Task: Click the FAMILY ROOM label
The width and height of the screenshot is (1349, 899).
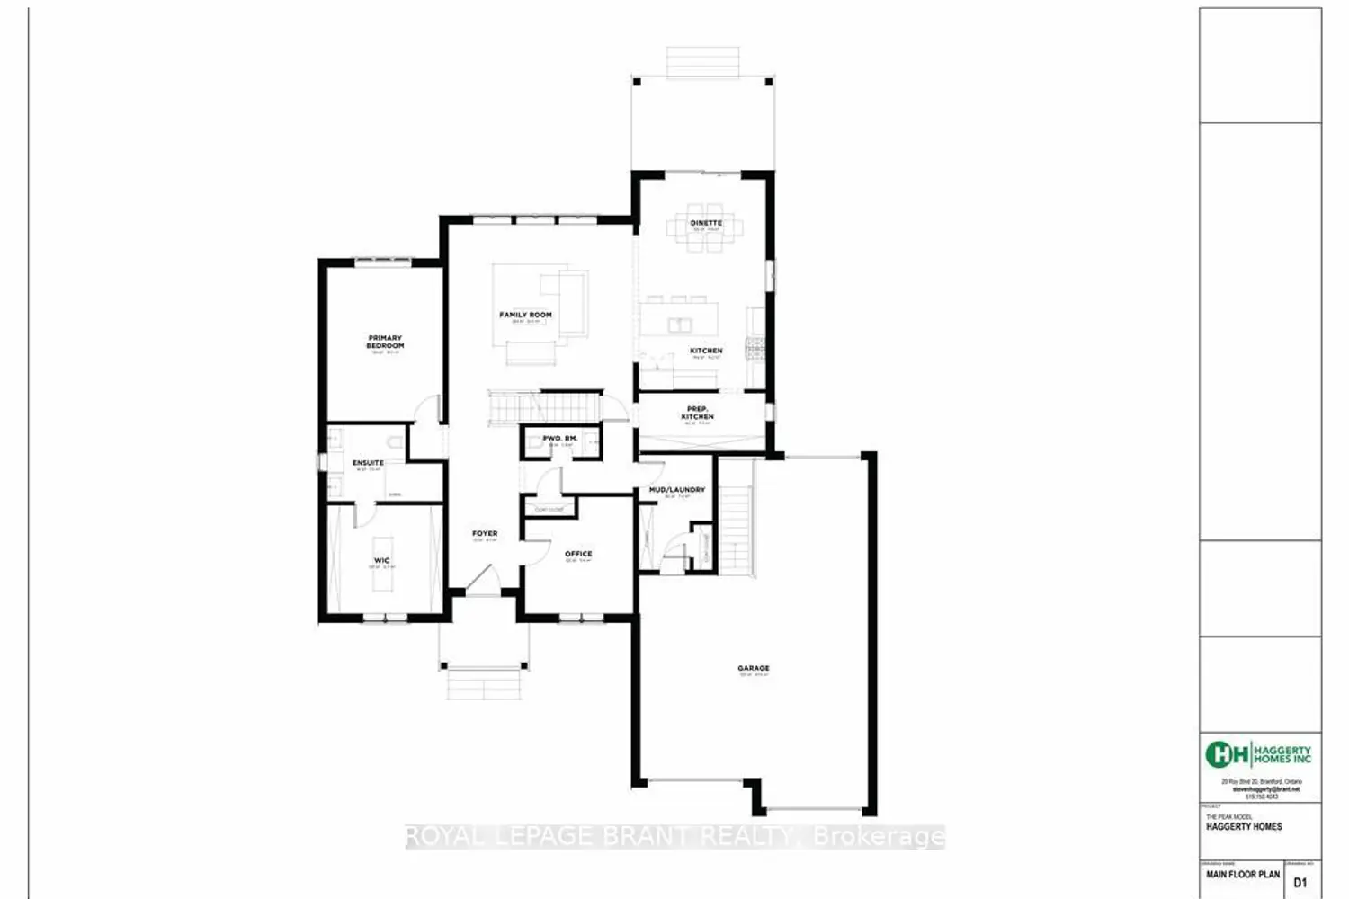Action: [x=525, y=315]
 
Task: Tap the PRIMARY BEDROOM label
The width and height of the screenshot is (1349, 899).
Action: [x=385, y=342]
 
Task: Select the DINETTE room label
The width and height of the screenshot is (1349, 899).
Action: [x=706, y=222]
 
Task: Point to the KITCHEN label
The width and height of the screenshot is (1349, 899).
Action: [x=706, y=351]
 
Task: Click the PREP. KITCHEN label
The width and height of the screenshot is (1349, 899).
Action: [x=698, y=413]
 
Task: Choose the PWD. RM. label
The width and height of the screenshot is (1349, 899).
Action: [x=560, y=438]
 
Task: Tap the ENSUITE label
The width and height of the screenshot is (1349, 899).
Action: [x=368, y=463]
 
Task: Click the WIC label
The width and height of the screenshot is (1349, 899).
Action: [x=382, y=560]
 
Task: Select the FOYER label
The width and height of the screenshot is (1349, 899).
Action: [x=485, y=533]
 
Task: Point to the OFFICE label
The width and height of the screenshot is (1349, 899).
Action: [x=578, y=554]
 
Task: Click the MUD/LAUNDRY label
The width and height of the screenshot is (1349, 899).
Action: [x=677, y=490]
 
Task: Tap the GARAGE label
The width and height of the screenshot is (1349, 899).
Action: [x=754, y=668]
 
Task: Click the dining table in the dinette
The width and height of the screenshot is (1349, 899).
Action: [x=706, y=236]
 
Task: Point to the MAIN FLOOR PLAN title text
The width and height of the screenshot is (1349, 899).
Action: [x=1243, y=874]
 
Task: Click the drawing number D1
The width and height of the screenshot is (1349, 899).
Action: [x=1300, y=883]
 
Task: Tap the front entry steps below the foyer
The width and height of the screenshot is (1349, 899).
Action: [x=483, y=685]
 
